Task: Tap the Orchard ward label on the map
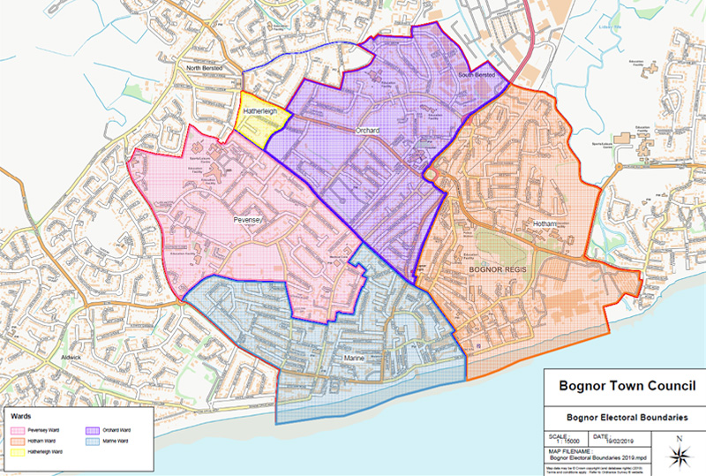click(367, 131)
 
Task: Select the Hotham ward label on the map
click(546, 224)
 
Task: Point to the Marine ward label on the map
click(355, 359)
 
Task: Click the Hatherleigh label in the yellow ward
click(260, 111)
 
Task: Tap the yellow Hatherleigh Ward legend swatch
click(17, 451)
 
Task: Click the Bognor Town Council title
click(623, 386)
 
